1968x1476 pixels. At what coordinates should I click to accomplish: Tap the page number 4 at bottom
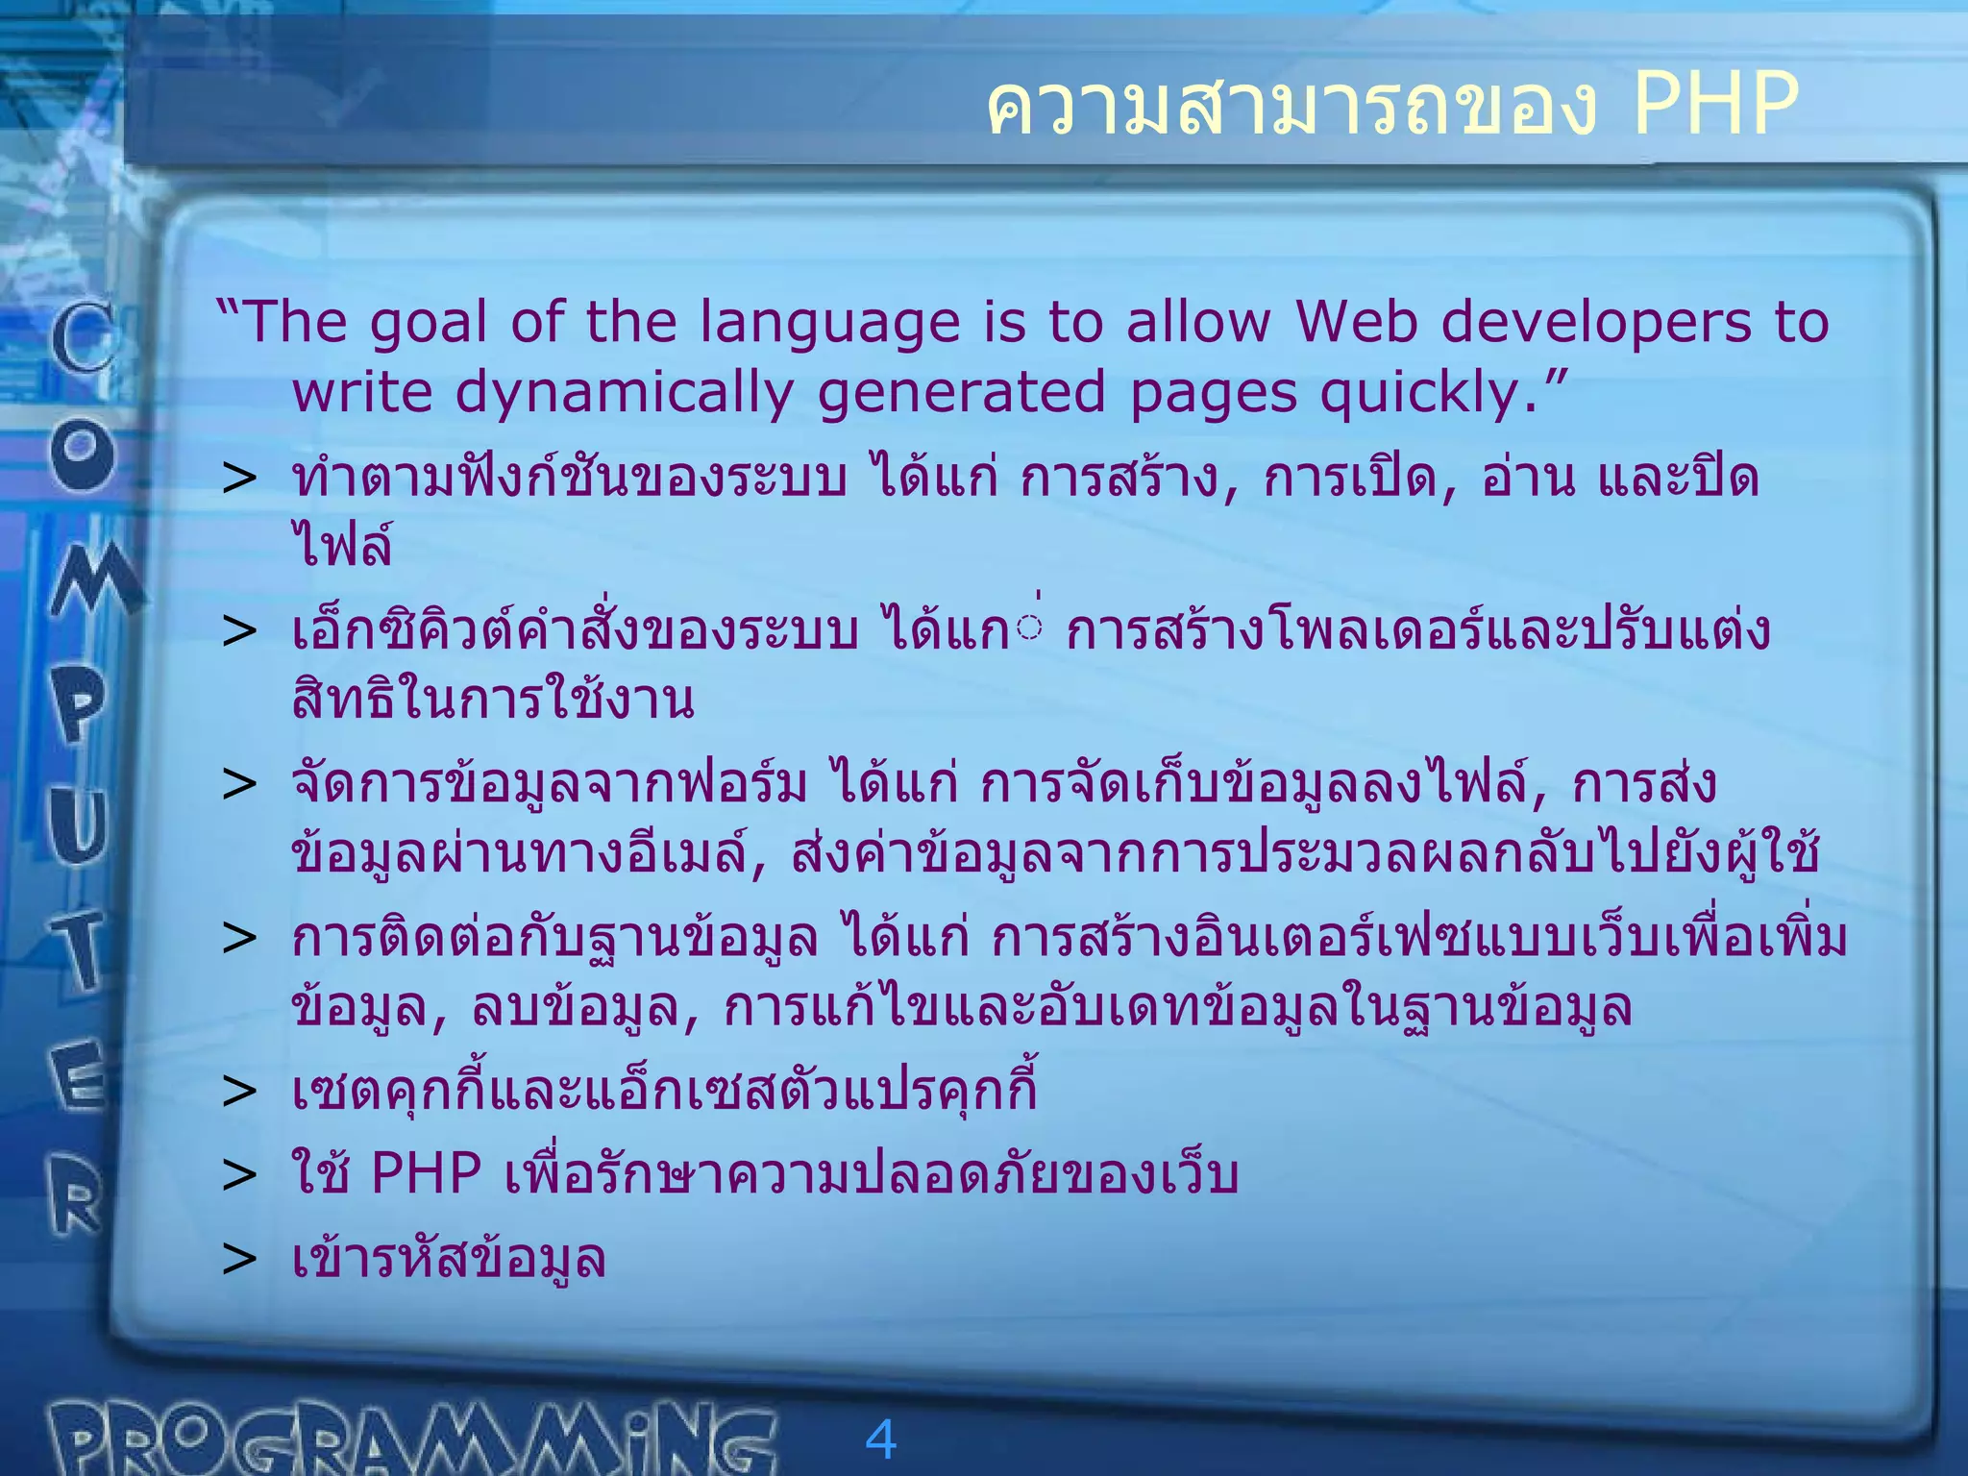tap(880, 1439)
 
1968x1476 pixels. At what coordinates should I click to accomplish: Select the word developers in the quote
tap(1596, 324)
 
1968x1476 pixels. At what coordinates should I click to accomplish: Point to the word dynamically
tap(624, 394)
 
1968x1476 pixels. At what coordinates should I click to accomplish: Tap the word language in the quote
tap(829, 324)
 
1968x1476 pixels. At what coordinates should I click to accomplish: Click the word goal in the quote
tap(430, 324)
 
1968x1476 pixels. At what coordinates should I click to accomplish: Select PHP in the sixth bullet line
tap(426, 1174)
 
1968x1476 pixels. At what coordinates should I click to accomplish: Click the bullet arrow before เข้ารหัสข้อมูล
tap(239, 1260)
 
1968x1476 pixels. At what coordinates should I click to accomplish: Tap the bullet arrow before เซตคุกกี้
tap(239, 1092)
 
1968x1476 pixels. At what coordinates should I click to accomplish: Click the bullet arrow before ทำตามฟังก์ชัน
tap(239, 479)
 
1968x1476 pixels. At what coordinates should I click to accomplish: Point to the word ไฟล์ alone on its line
tap(342, 546)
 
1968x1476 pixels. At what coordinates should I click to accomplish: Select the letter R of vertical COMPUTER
tap(77, 1195)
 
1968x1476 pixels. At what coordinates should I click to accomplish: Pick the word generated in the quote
tap(962, 394)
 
